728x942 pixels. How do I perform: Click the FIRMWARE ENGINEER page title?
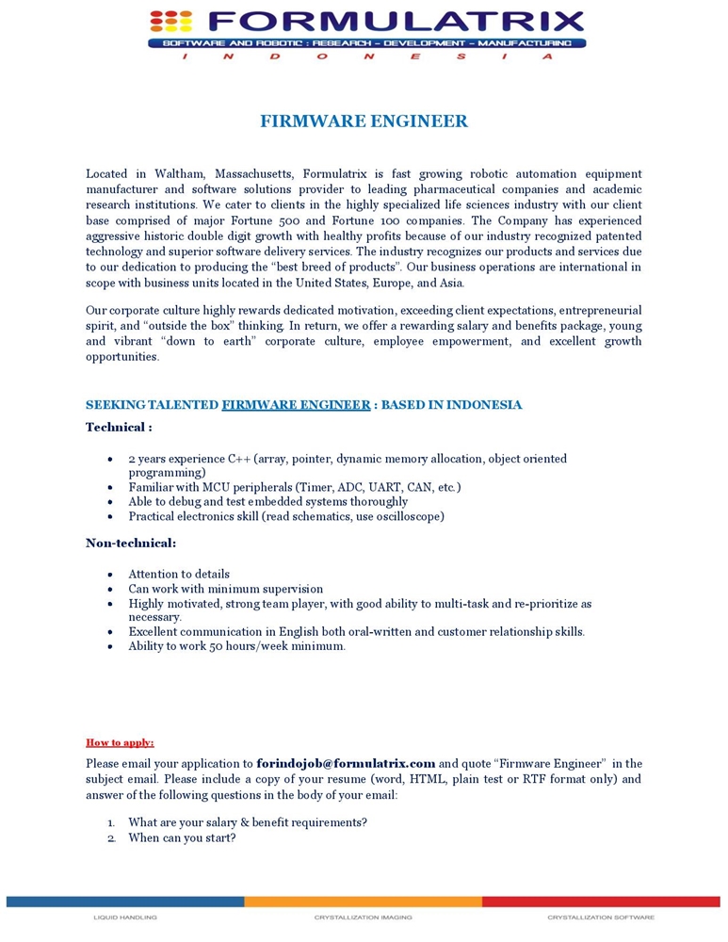(364, 122)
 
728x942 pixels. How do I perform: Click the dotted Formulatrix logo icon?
(170, 21)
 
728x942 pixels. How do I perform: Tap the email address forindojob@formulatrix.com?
(346, 764)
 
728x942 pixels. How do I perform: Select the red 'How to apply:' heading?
(120, 742)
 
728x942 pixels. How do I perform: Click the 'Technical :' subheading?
(119, 427)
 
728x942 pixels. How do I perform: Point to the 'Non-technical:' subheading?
(131, 543)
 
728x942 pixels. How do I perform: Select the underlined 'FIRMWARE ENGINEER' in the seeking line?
(296, 405)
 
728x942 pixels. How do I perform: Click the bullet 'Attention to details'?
(179, 574)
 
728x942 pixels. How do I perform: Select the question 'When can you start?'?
(182, 837)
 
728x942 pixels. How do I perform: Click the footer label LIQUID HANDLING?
(125, 917)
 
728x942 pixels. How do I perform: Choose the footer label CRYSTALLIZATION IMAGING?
(363, 917)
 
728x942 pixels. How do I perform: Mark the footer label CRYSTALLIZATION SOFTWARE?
(600, 917)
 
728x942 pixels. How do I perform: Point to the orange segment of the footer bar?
(363, 901)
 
